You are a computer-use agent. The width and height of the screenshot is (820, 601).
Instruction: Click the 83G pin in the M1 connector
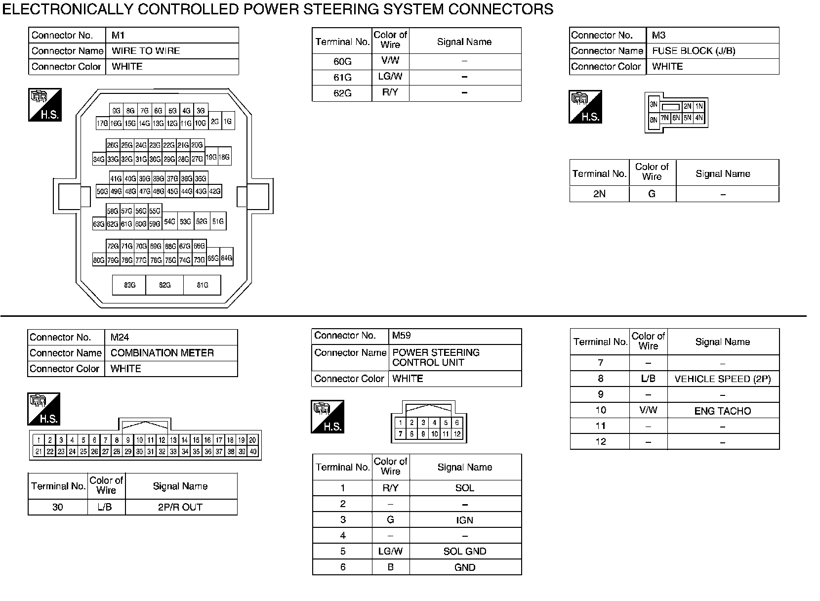pyautogui.click(x=129, y=285)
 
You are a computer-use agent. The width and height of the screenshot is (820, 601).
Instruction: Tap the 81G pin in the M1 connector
pyautogui.click(x=203, y=285)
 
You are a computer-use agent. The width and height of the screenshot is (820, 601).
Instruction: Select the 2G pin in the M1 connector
pyautogui.click(x=215, y=121)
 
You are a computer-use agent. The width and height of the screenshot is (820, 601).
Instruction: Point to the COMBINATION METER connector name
pyautogui.click(x=162, y=353)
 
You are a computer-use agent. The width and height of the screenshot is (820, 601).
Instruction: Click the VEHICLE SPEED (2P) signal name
pyautogui.click(x=722, y=379)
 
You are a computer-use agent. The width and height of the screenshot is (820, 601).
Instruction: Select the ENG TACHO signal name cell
pyautogui.click(x=722, y=411)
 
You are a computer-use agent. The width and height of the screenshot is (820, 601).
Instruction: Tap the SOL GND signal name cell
pyautogui.click(x=465, y=552)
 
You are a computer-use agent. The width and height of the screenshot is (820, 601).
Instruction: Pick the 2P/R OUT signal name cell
pyautogui.click(x=180, y=507)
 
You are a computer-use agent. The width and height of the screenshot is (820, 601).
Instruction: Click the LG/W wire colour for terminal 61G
pyautogui.click(x=390, y=77)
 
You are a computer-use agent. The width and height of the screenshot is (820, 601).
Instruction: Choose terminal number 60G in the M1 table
pyautogui.click(x=342, y=62)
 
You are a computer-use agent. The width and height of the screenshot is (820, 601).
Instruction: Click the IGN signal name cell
pyautogui.click(x=465, y=520)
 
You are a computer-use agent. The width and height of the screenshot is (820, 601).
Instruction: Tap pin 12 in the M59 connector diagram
pyautogui.click(x=457, y=434)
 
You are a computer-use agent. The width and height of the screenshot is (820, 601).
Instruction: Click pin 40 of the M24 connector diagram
pyautogui.click(x=253, y=451)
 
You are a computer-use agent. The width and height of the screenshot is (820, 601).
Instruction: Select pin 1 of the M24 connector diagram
pyautogui.click(x=39, y=440)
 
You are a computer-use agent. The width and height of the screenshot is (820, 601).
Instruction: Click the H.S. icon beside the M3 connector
pyautogui.click(x=585, y=107)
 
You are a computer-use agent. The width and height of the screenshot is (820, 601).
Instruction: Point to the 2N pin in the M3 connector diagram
pyautogui.click(x=687, y=106)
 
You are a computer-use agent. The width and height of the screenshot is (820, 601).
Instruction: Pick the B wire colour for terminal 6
pyautogui.click(x=390, y=567)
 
